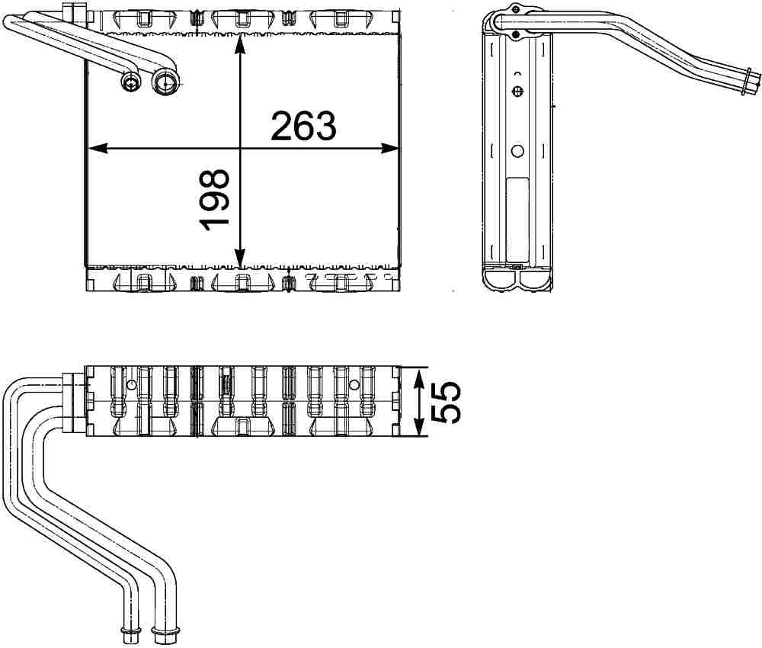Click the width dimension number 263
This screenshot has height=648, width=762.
(303, 126)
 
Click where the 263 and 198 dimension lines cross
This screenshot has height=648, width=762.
(240, 149)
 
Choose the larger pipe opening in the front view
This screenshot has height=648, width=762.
(164, 82)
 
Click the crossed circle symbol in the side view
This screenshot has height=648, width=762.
(517, 92)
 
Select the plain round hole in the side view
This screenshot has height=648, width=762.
(517, 151)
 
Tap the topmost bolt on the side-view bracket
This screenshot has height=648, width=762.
(516, 9)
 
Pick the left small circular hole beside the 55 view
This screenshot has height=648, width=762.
(130, 386)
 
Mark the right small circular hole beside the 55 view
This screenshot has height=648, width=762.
(354, 386)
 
